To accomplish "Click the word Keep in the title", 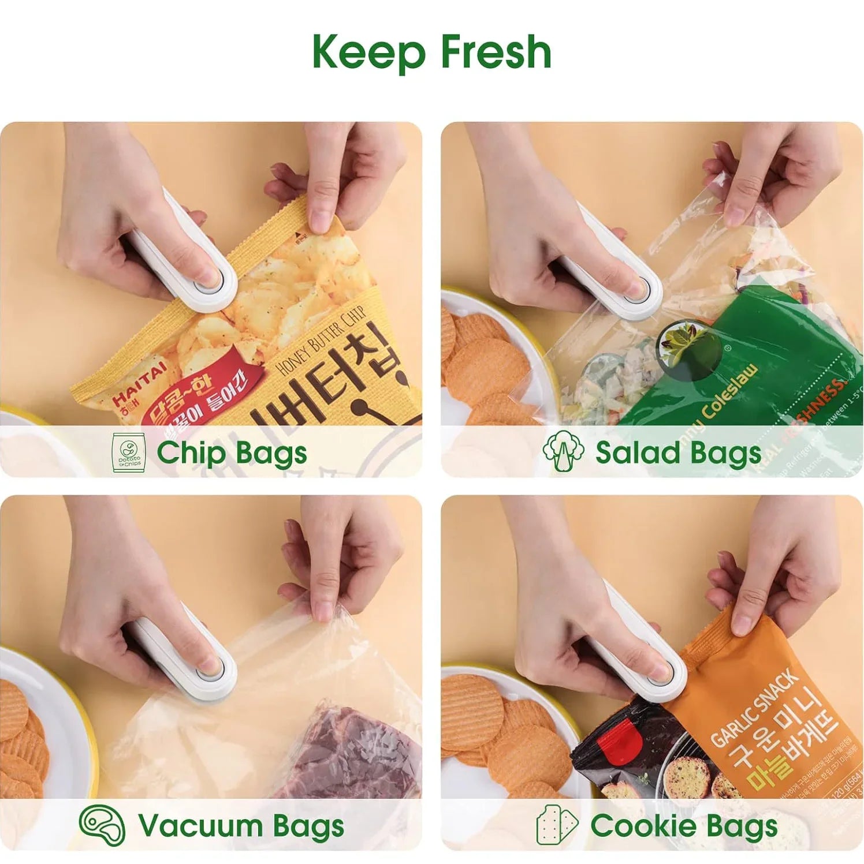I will tap(369, 53).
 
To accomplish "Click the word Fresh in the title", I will tap(496, 53).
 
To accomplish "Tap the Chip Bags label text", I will tap(232, 452).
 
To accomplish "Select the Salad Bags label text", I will tap(678, 452).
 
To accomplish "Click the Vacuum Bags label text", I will tap(241, 826).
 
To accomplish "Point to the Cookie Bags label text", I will tap(683, 826).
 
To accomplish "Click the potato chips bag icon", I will tap(127, 452).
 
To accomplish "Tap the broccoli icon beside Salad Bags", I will tap(563, 451).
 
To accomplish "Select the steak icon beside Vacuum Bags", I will tap(102, 825).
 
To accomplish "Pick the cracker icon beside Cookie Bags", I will tap(557, 825).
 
